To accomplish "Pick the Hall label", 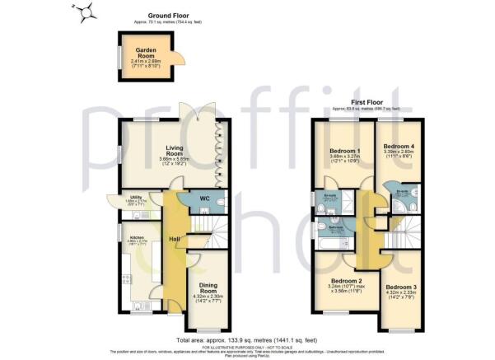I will coord(175,239).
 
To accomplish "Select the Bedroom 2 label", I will coord(343,280).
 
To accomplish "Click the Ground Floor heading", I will coord(169,16).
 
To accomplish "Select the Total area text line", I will coord(247,339).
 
